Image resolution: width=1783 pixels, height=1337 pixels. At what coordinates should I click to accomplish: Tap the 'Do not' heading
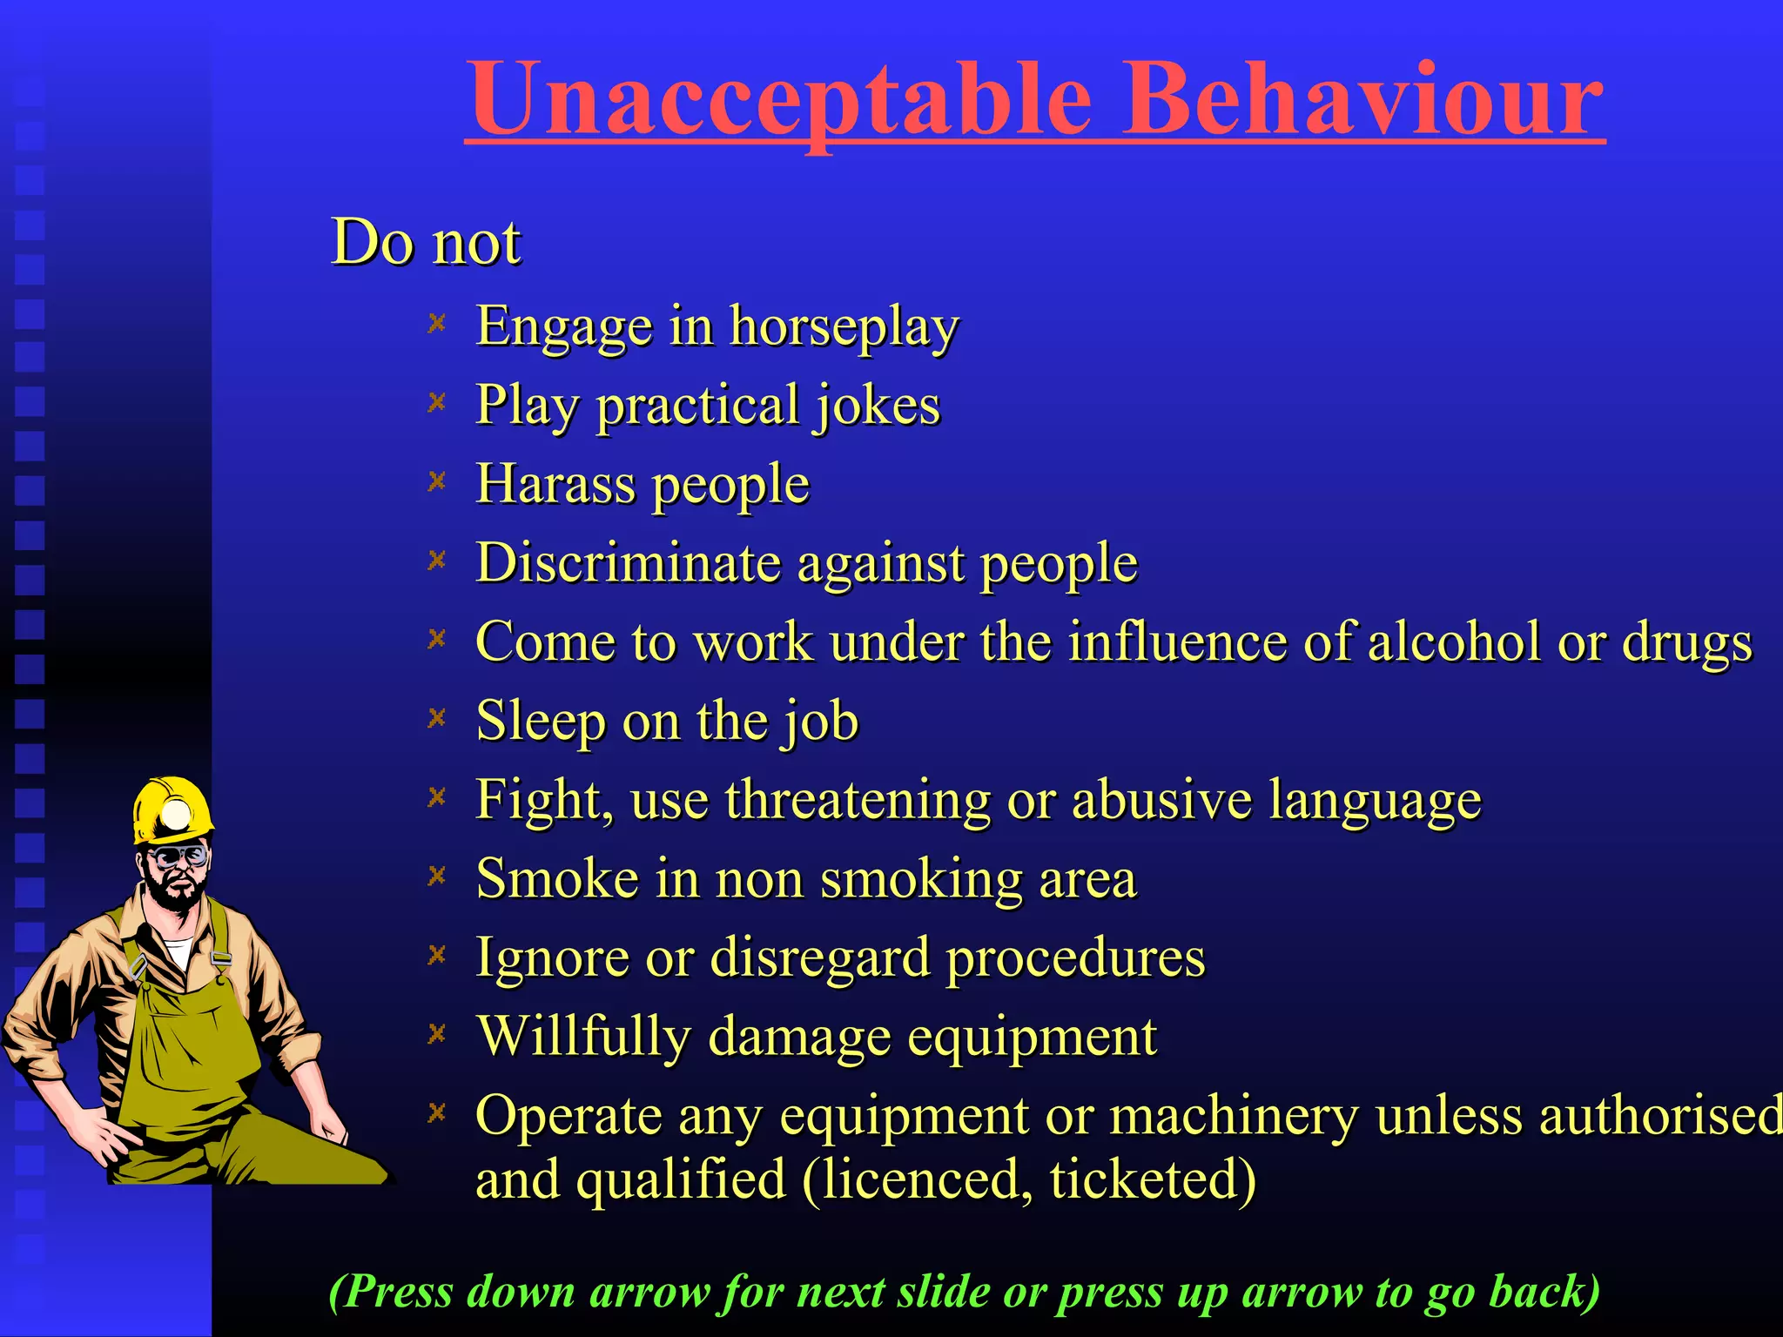click(426, 241)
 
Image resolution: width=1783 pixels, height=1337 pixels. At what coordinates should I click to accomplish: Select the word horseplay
click(844, 327)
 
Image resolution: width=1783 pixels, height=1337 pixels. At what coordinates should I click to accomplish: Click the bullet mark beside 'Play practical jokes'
click(437, 402)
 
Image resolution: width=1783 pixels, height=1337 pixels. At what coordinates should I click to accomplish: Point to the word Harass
click(555, 484)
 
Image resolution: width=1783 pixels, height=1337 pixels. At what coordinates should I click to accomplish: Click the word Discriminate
click(628, 562)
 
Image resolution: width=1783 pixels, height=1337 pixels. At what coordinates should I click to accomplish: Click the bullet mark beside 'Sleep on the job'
click(437, 718)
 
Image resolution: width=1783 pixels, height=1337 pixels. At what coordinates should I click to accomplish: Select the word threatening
click(858, 799)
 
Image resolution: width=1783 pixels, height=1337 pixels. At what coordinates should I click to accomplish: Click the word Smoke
click(556, 878)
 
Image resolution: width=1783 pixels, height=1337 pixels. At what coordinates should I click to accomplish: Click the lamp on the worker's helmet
click(178, 816)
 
